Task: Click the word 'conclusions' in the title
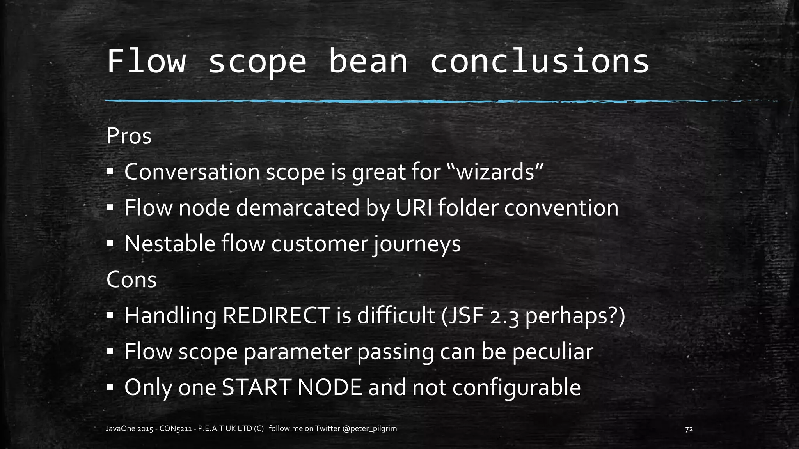tap(539, 62)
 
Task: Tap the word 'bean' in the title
tap(368, 62)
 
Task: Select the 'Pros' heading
tap(129, 136)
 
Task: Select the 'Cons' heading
tap(131, 280)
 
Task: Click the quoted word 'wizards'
tap(496, 172)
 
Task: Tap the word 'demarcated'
tap(298, 208)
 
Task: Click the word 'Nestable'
tap(170, 244)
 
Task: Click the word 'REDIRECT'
tap(276, 315)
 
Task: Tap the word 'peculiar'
tap(553, 352)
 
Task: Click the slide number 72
tap(689, 429)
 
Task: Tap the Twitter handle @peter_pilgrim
tap(369, 429)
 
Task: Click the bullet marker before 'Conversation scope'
tap(110, 172)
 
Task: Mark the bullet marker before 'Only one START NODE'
tap(110, 387)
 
